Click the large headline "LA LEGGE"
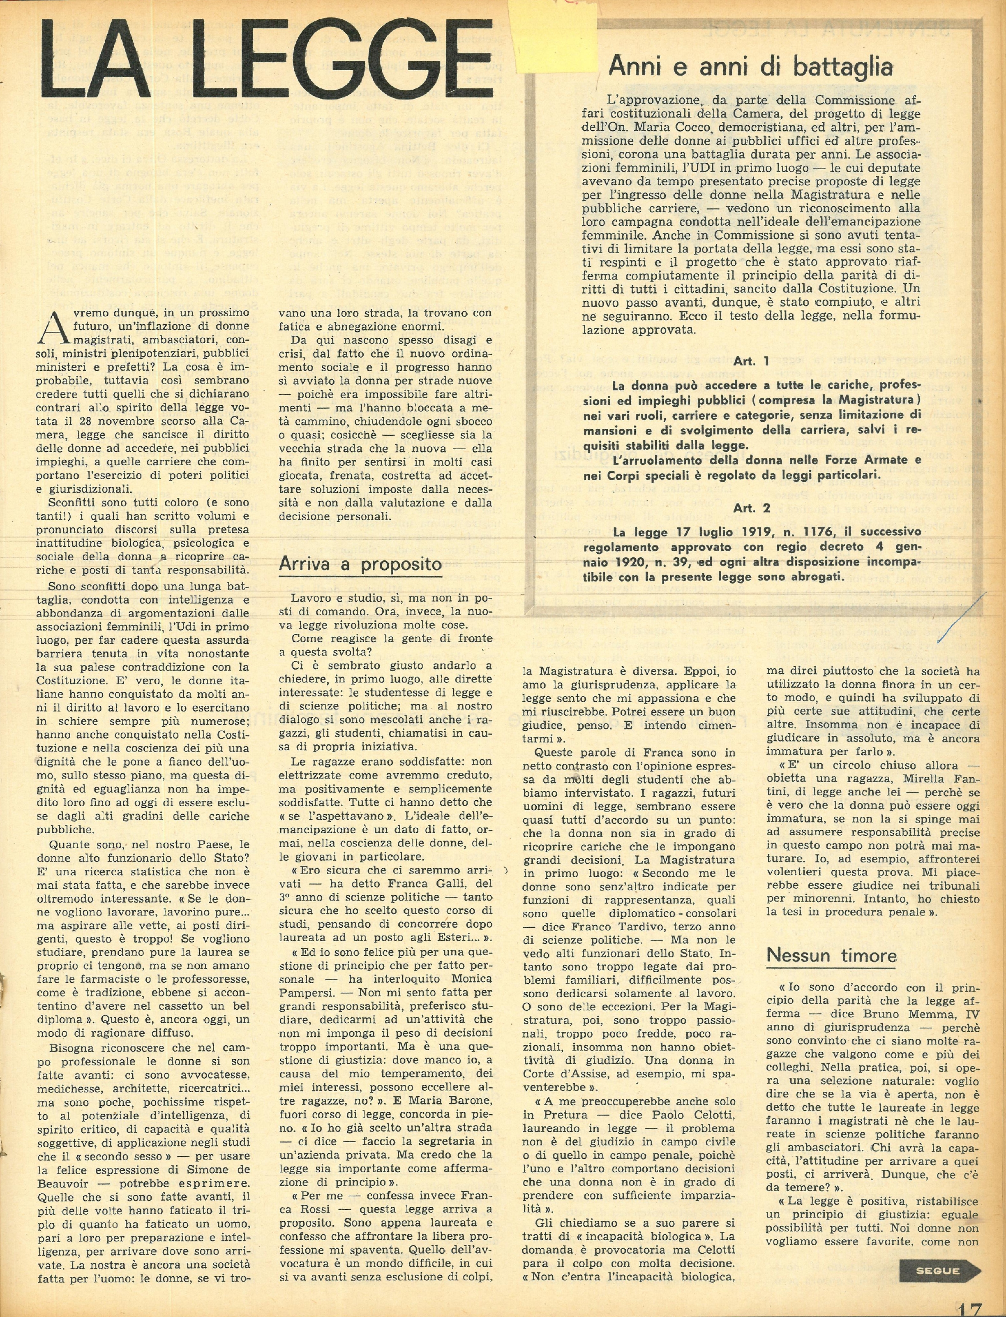click(263, 60)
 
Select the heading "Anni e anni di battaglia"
click(750, 67)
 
